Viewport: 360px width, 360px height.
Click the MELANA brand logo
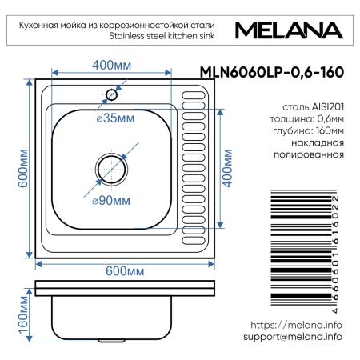click(289, 30)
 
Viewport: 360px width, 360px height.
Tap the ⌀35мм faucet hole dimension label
click(114, 118)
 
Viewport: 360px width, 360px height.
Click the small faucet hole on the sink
click(111, 95)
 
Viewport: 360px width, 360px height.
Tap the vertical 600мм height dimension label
click(23, 168)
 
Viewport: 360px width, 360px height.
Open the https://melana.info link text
click(296, 326)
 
